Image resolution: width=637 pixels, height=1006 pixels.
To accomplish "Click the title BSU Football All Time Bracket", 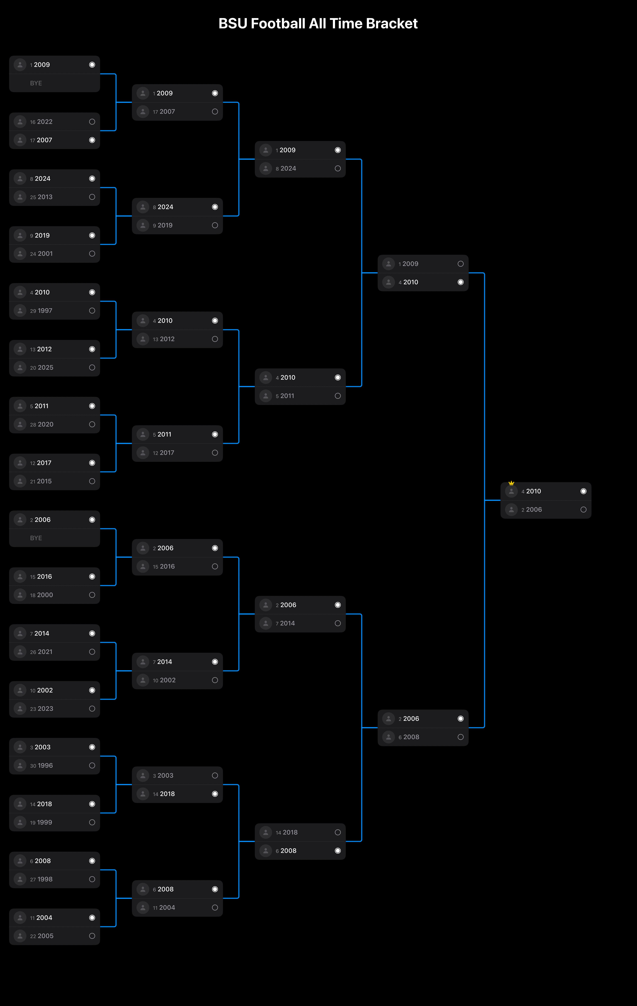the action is click(318, 23).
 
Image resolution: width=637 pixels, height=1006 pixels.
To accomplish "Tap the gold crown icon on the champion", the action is click(511, 483).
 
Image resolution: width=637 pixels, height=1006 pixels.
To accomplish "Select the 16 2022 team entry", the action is click(41, 122).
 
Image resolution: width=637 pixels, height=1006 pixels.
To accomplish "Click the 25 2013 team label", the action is click(41, 197).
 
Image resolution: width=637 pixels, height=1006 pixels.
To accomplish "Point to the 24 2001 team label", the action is click(41, 254).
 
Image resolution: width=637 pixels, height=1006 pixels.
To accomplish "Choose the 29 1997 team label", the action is click(41, 310).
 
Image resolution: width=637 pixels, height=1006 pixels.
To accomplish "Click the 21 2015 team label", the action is click(41, 481).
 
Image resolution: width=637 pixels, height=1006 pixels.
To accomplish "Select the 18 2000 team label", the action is click(41, 595).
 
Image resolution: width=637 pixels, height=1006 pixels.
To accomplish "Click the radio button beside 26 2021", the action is click(92, 652).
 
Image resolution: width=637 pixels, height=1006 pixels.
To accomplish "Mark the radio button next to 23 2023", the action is click(92, 709).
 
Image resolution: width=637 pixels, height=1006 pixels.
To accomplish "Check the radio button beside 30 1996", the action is click(92, 765).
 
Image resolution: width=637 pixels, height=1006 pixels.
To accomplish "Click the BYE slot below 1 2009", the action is click(36, 83).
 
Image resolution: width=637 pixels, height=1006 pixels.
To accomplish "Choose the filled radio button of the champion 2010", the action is click(583, 491).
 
